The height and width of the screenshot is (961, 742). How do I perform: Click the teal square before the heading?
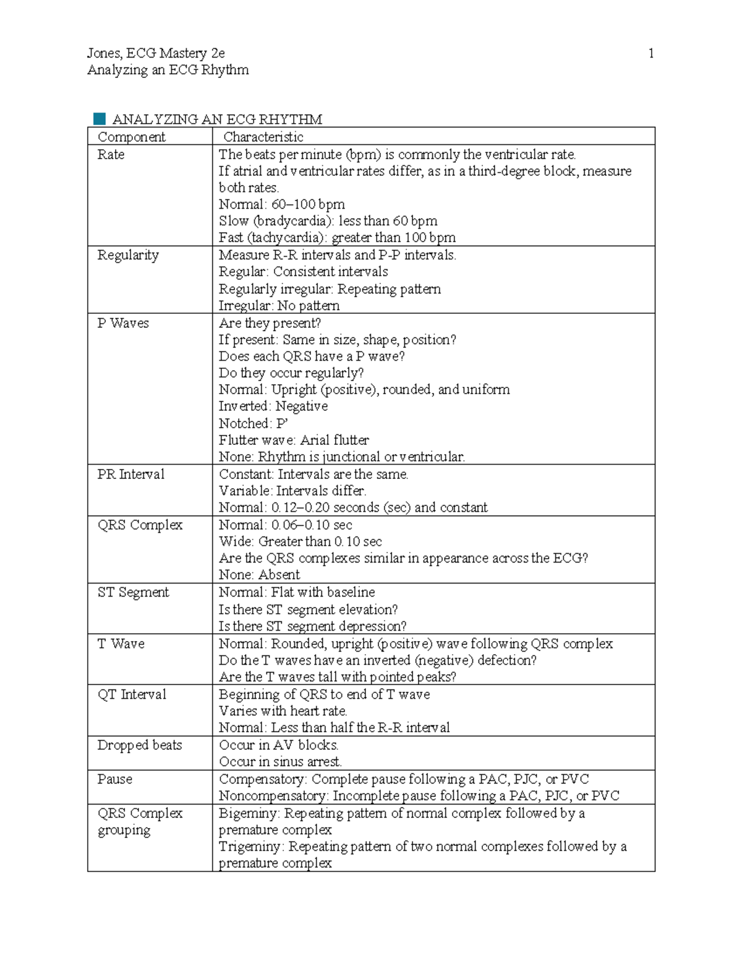99,118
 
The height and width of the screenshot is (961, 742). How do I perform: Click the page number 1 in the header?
650,53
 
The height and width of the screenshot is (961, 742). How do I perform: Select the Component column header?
131,137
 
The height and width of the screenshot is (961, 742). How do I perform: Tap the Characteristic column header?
263,137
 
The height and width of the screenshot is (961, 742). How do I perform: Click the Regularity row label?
128,255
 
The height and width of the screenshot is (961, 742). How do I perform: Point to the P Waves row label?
123,323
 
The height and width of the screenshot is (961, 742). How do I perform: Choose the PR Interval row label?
130,474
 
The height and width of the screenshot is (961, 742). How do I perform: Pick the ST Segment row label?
133,592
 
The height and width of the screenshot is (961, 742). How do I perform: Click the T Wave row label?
121,644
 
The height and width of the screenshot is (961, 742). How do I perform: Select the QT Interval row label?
132,694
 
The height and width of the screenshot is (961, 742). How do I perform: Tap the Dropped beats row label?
139,745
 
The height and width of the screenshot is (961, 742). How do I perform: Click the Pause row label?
114,779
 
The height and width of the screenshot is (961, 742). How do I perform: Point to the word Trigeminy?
250,847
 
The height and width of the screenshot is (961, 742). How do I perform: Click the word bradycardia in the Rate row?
290,221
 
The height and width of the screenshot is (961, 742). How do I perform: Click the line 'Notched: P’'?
254,423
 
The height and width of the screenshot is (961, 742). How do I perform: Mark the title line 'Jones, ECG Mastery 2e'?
156,53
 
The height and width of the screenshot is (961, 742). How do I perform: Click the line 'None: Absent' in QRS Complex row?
259,575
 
